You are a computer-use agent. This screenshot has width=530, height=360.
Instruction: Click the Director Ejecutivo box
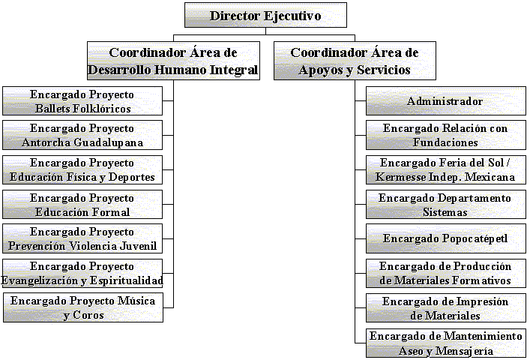(x=265, y=16)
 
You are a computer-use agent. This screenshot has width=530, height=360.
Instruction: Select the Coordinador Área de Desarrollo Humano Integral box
(x=173, y=61)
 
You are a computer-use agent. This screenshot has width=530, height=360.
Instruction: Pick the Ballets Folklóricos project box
(x=82, y=101)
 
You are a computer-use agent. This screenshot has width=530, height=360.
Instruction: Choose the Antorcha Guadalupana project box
(x=82, y=136)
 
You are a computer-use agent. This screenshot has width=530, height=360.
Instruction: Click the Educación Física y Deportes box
(x=82, y=170)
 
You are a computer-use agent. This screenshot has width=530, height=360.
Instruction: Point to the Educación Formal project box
(x=82, y=205)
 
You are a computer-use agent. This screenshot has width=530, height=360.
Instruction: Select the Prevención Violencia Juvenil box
(x=82, y=239)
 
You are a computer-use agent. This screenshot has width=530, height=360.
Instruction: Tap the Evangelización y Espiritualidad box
(x=82, y=274)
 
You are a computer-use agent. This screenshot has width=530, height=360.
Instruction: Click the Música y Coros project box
(x=82, y=308)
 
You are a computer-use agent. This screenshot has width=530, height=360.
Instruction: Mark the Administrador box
(x=445, y=101)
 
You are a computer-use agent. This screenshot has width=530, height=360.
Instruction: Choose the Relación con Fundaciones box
(x=445, y=136)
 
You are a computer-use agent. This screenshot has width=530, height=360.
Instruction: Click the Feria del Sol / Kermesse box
(x=445, y=170)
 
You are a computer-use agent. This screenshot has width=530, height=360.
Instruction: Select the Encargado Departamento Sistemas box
(x=445, y=205)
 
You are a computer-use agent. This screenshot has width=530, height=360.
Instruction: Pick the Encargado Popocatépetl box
(x=445, y=239)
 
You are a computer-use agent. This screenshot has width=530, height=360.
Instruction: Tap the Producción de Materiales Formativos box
(x=445, y=274)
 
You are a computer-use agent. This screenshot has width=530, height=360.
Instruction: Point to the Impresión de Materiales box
(x=445, y=308)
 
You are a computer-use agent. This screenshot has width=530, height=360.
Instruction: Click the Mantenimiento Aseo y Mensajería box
(x=445, y=343)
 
